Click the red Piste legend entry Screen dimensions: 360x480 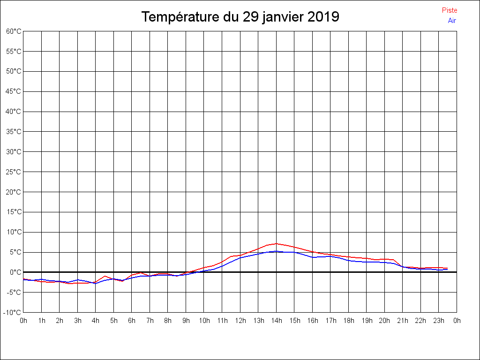(449, 10)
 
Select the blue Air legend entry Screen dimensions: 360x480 (452, 20)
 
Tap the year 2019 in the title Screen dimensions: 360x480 (323, 17)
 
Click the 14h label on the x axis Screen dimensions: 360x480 (277, 321)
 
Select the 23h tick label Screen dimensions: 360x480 (439, 321)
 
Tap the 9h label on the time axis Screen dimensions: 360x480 (186, 321)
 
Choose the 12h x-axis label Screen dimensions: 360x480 (240, 321)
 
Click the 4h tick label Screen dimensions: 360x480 (96, 321)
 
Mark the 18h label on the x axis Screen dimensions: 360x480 (349, 321)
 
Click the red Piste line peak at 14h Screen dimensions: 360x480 (277, 244)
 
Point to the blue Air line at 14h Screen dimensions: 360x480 (277, 251)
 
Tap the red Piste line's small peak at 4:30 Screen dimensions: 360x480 (105, 276)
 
